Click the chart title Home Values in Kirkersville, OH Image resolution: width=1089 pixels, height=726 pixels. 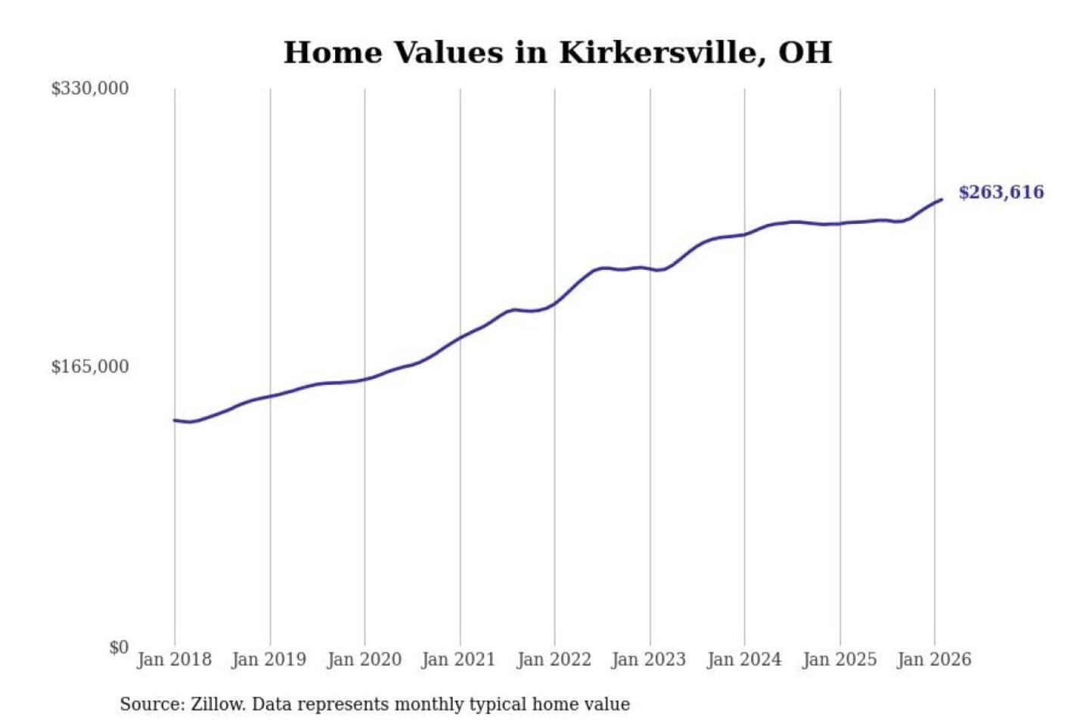point(557,53)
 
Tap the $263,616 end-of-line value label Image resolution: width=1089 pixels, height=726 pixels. point(1001,192)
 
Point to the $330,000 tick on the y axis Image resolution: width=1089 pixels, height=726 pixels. point(89,88)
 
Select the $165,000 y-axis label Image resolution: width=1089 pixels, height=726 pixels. point(89,367)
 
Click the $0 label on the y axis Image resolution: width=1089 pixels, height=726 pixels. point(118,647)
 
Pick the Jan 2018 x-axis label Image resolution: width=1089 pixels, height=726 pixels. point(174,659)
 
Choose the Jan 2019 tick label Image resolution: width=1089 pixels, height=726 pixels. point(268,659)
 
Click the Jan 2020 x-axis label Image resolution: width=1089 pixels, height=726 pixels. point(364,659)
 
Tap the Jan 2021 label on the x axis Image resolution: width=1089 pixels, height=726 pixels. point(458,659)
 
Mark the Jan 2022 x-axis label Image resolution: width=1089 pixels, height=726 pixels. point(554,659)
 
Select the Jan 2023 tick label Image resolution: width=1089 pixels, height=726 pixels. point(648,659)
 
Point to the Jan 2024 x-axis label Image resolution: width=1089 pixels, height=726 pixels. point(743,659)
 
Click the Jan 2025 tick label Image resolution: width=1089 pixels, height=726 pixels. point(839,659)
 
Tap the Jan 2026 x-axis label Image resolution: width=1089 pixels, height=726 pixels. point(933,659)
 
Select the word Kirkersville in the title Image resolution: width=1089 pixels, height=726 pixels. point(657,53)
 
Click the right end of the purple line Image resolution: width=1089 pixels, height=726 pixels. point(941,200)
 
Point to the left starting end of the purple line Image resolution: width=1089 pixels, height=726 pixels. point(175,420)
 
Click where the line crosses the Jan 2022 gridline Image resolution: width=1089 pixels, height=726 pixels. point(554,304)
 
